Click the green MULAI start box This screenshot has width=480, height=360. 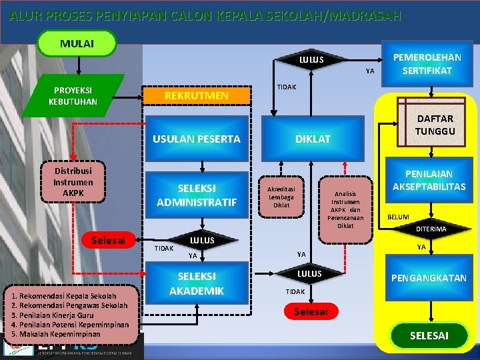pyautogui.click(x=77, y=43)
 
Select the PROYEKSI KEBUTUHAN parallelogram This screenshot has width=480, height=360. pyautogui.click(x=73, y=95)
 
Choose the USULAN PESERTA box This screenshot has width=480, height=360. pyautogui.click(x=196, y=139)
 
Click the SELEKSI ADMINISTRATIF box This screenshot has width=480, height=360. pyautogui.click(x=196, y=194)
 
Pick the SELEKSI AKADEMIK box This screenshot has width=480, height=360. pyautogui.click(x=196, y=283)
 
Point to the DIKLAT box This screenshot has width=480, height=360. pyautogui.click(x=313, y=139)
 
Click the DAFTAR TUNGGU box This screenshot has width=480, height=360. pyautogui.click(x=435, y=125)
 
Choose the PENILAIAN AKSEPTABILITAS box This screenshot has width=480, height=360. pyautogui.click(x=429, y=180)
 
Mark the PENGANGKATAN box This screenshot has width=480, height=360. pyautogui.click(x=429, y=277)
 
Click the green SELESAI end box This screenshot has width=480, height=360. pyautogui.click(x=429, y=335)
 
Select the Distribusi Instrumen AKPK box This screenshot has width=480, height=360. pyautogui.click(x=73, y=181)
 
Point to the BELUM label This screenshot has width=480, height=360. pyautogui.click(x=399, y=217)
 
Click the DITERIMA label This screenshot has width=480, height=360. pyautogui.click(x=431, y=229)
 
